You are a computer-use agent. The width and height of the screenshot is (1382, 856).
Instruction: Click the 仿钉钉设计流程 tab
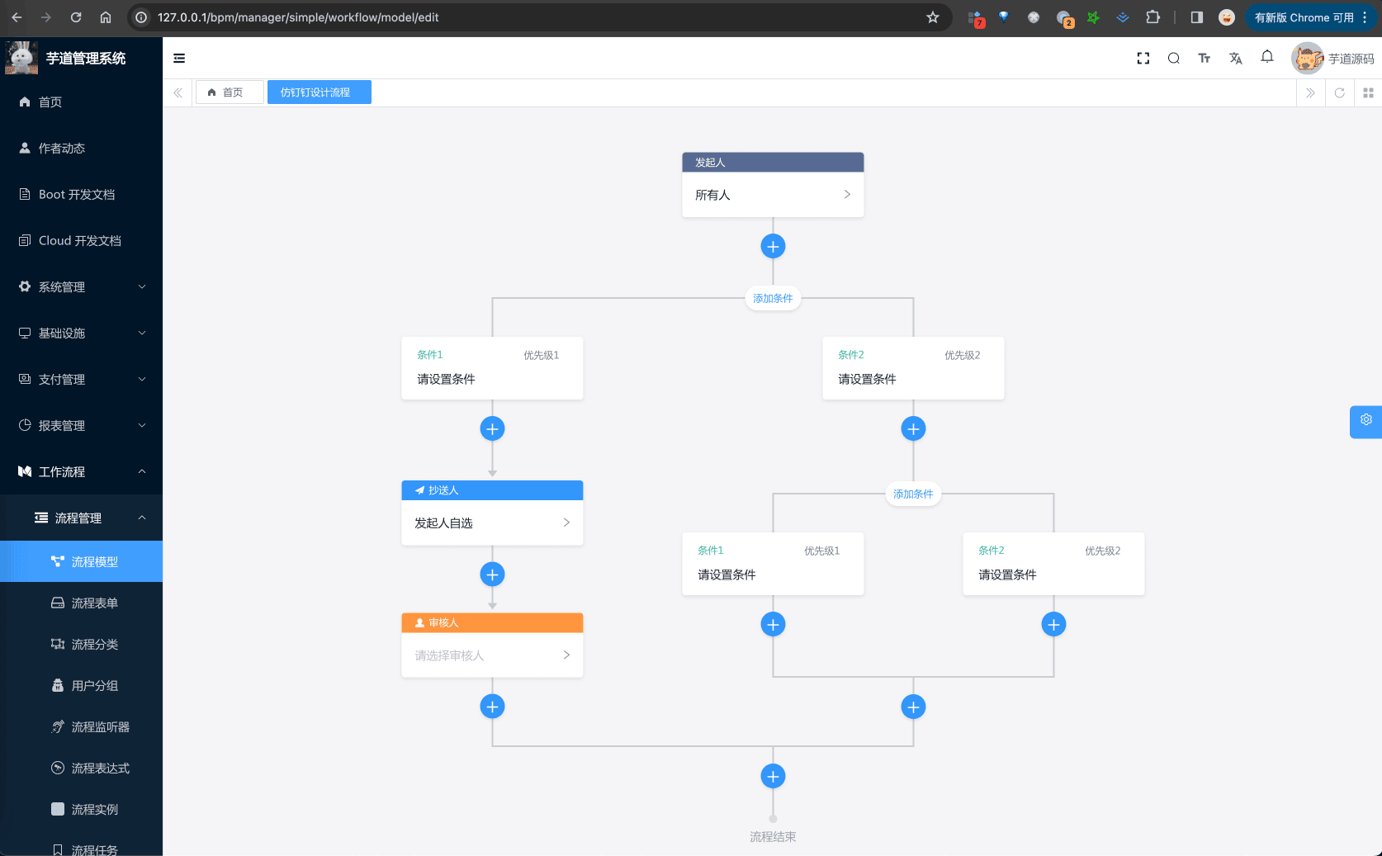319,92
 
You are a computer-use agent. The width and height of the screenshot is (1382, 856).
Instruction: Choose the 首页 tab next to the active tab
230,92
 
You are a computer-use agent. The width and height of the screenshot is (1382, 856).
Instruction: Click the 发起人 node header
773,162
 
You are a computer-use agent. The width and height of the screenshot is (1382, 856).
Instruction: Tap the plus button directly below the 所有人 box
773,247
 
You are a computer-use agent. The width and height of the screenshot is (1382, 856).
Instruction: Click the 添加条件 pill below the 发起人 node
773,299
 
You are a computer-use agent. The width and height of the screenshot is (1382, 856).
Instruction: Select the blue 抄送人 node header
492,490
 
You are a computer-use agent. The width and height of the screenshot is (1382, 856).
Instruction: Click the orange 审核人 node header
492,623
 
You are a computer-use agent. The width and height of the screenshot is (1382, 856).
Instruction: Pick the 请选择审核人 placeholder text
449,655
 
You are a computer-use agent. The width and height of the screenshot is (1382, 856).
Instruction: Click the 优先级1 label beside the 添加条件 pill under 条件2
821,551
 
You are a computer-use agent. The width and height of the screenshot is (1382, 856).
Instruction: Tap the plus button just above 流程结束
773,777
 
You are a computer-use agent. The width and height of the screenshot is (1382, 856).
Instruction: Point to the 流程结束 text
773,837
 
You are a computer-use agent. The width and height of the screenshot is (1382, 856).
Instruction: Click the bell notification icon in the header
1266,57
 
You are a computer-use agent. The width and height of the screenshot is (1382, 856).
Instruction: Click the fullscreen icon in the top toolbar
1143,58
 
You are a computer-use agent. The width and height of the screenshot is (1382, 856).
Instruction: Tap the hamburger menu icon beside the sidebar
179,58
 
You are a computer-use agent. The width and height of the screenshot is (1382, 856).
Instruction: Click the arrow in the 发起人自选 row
566,523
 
